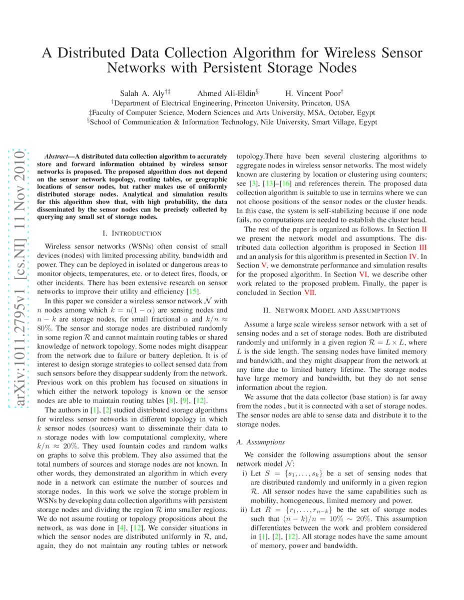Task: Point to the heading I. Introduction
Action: (132, 233)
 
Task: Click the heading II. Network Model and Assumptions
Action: (331, 310)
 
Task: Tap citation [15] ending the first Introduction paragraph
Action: (193, 291)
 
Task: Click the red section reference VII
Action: (310, 292)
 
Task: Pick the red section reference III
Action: (423, 247)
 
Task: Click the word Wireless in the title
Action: (353, 53)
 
